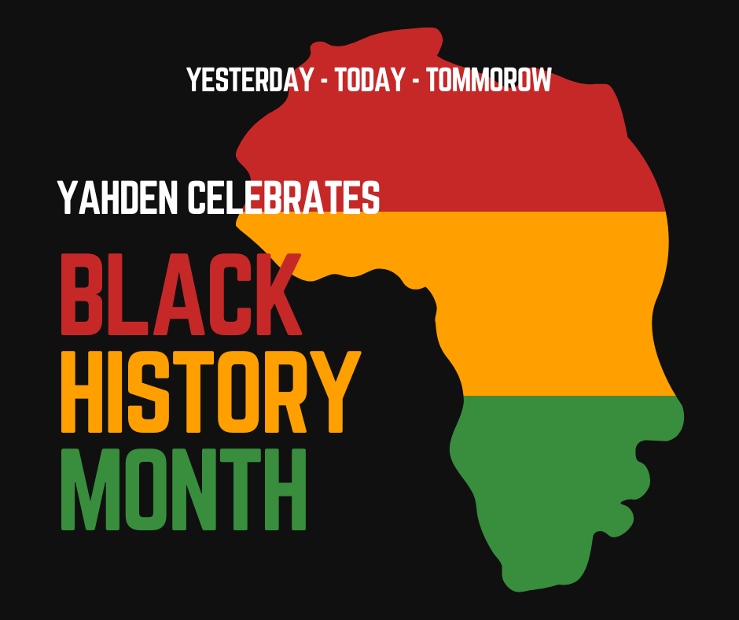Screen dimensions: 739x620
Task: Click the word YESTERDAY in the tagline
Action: [x=250, y=79]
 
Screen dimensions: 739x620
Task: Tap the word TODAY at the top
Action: [x=370, y=79]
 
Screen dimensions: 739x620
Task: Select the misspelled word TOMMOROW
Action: [x=489, y=79]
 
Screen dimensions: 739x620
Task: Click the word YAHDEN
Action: [x=118, y=197]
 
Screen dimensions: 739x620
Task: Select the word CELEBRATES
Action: [x=284, y=197]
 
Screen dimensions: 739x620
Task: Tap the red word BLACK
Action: [x=182, y=294]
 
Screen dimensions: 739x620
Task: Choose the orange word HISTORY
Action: [x=211, y=392]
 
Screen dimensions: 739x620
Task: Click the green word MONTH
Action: [x=184, y=489]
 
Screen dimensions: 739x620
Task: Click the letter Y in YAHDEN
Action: [x=68, y=197]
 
